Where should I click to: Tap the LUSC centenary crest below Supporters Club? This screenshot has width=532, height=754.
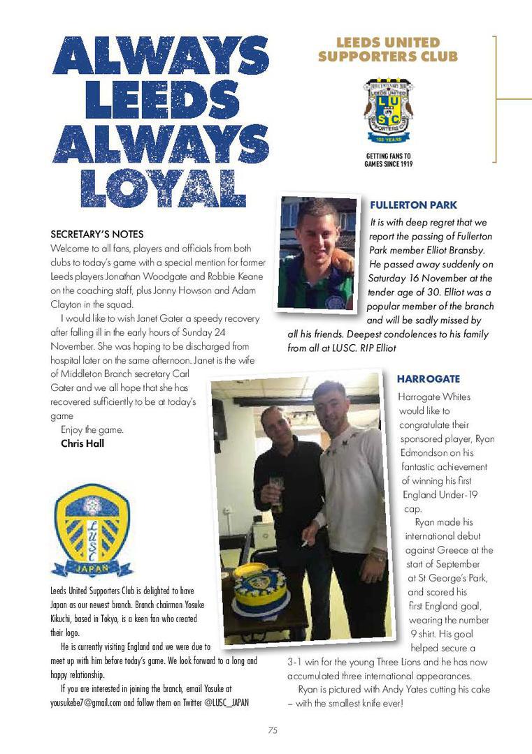tap(388, 111)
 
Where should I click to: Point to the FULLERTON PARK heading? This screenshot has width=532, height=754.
tap(413, 205)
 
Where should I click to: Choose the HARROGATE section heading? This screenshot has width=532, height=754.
tap(428, 379)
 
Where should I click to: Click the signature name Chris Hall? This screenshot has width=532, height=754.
tap(82, 443)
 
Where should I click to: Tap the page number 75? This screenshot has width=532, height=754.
tap(273, 730)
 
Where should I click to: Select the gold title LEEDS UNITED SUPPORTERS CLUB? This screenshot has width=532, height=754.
tap(388, 50)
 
